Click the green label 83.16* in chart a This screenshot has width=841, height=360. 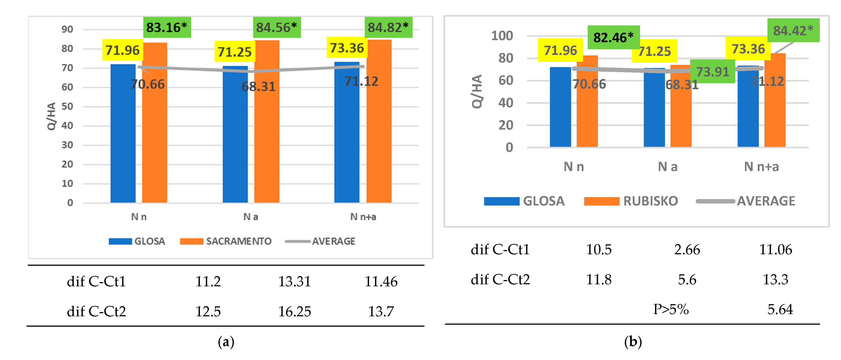point(167,27)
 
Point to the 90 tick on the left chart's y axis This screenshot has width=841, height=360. point(67,29)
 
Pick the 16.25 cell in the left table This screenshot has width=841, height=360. point(294,311)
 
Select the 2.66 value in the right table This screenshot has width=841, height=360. point(687,250)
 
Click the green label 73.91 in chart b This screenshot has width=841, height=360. point(712,72)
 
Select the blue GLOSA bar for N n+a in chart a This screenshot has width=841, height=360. point(347,137)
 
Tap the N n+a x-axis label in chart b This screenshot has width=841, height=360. point(761,167)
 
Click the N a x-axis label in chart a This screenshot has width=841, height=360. point(250,217)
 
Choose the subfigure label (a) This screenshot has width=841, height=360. point(226,342)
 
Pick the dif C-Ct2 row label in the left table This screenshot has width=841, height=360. point(96,311)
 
